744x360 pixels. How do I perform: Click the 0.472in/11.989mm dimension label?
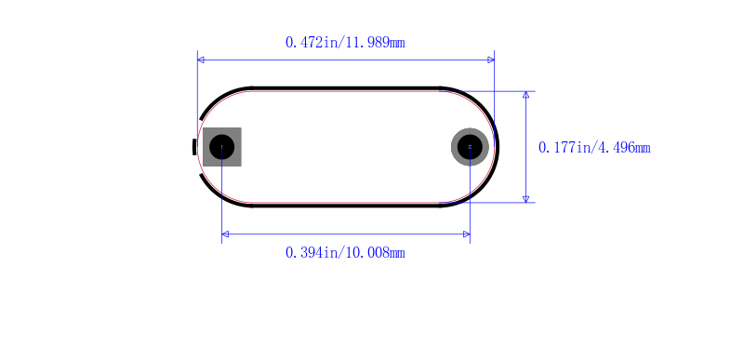[345, 43]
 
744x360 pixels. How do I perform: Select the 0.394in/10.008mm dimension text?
[345, 253]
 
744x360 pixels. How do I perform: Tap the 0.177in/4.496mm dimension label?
[594, 148]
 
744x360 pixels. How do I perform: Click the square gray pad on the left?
[222, 147]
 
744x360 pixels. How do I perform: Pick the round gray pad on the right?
[470, 147]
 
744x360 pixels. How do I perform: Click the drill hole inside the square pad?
[222, 147]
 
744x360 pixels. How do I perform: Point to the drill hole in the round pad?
[470, 147]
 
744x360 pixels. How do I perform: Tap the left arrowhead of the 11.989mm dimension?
[201, 60]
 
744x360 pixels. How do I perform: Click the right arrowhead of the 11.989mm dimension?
[491, 60]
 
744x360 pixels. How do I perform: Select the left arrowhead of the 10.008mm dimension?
[225, 233]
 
